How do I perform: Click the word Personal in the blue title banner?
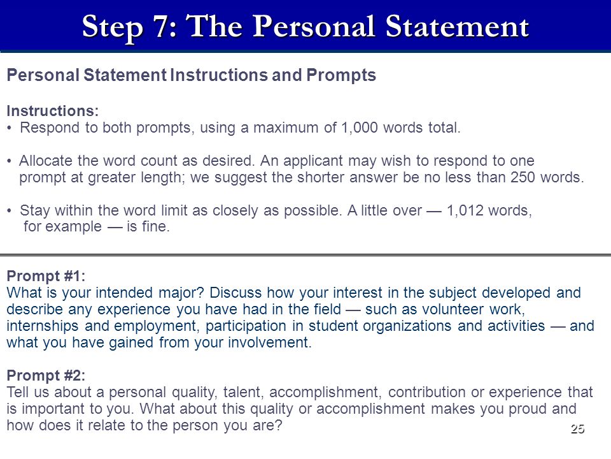315,26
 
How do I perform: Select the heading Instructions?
53,111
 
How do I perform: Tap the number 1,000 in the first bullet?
359,128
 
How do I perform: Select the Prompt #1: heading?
46,276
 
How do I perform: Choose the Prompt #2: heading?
46,375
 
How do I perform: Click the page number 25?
577,429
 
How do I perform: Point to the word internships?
43,326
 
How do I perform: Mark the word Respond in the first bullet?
50,128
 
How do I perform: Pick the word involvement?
270,343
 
